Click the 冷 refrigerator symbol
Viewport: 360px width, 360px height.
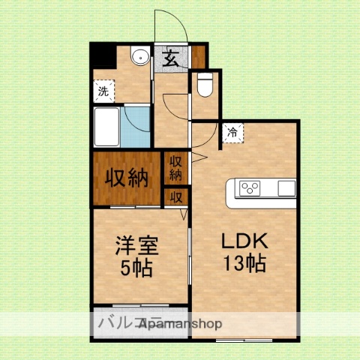[x=232, y=132]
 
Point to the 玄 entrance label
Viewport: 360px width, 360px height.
[x=171, y=57]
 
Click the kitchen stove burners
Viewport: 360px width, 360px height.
[x=249, y=187]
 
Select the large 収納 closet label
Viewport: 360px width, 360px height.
[x=125, y=178]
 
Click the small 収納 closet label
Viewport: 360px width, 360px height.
[x=175, y=168]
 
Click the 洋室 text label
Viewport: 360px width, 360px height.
[x=136, y=244]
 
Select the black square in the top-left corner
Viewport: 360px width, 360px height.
[x=100, y=55]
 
